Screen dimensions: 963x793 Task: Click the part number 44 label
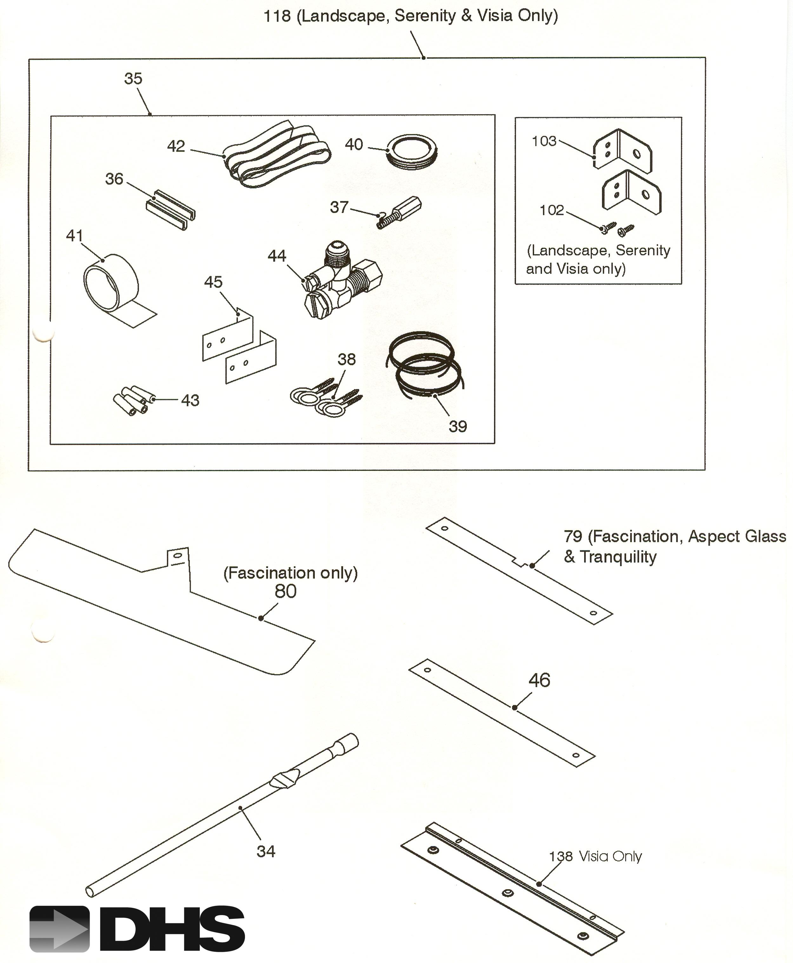click(x=277, y=256)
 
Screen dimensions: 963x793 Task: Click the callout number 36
click(x=114, y=179)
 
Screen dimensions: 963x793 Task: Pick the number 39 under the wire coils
click(x=458, y=426)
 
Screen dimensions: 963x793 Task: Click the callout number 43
click(x=190, y=400)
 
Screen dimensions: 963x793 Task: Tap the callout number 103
click(x=544, y=141)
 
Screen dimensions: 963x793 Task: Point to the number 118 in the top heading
click(x=277, y=16)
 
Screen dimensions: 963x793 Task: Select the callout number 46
click(x=539, y=680)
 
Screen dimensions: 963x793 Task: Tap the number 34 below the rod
click(x=266, y=851)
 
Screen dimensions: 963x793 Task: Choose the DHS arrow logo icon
click(x=59, y=929)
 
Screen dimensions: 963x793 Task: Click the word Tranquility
click(x=618, y=557)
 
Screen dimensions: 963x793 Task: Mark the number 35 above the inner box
click(x=133, y=79)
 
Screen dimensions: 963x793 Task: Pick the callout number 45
click(x=213, y=282)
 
